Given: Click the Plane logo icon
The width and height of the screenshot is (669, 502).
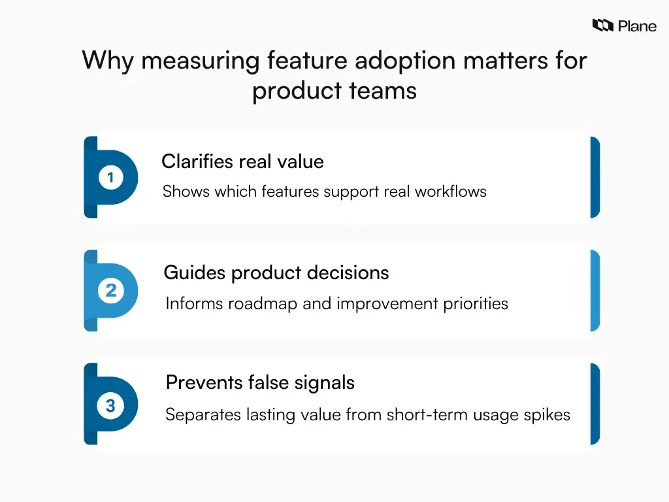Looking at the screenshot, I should pyautogui.click(x=602, y=25).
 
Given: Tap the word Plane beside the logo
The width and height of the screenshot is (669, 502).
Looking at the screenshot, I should pyautogui.click(x=637, y=26).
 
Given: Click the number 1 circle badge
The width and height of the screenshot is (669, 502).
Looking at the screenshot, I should pyautogui.click(x=110, y=178).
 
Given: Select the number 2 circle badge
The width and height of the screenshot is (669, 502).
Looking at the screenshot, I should pyautogui.click(x=110, y=290).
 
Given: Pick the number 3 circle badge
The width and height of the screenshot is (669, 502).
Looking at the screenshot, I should pyautogui.click(x=110, y=405).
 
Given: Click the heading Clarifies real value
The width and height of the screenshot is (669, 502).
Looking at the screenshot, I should pyautogui.click(x=242, y=161).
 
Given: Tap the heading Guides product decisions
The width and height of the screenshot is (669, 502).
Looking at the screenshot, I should pyautogui.click(x=276, y=273).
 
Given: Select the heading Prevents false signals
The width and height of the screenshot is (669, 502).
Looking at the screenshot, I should pyautogui.click(x=260, y=382).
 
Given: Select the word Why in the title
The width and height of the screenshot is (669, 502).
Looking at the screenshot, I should pyautogui.click(x=107, y=61).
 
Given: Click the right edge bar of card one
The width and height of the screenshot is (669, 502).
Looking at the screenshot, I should pyautogui.click(x=595, y=177).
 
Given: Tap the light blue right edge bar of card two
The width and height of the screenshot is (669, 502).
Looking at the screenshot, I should pyautogui.click(x=595, y=290).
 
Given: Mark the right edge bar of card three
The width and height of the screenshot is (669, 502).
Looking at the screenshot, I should pyautogui.click(x=595, y=404).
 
